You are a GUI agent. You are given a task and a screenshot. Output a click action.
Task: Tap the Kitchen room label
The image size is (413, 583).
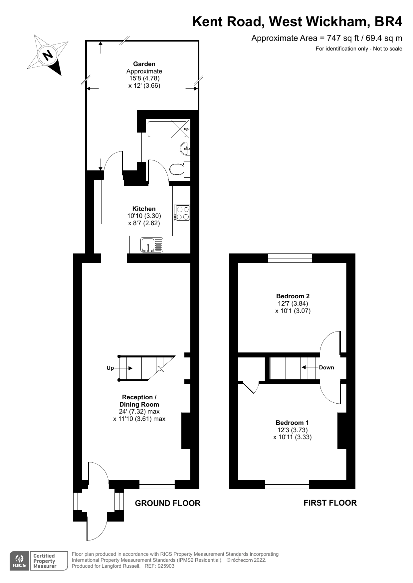[x=144, y=209]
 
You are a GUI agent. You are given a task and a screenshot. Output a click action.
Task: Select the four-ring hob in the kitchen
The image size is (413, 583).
[x=182, y=213]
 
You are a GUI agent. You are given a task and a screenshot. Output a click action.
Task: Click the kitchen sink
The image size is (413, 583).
[x=152, y=245]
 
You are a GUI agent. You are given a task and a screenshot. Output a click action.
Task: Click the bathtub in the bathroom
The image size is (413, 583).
[x=168, y=129]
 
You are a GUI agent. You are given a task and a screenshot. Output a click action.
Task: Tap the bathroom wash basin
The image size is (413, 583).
[x=185, y=148]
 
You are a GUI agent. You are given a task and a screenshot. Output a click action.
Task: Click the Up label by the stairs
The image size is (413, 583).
[x=110, y=368]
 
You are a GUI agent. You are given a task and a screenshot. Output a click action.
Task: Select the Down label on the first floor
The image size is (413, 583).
[x=326, y=367]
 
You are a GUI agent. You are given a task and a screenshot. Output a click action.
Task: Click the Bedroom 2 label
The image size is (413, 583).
[x=293, y=296]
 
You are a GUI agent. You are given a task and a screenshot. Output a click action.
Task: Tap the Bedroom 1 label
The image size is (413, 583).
[x=292, y=423]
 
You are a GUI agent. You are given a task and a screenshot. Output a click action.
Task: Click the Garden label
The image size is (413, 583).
[x=144, y=64]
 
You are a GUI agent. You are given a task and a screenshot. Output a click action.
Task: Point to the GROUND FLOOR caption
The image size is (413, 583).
[x=167, y=503]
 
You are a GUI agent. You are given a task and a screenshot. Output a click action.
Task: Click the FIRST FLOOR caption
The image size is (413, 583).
[x=330, y=503]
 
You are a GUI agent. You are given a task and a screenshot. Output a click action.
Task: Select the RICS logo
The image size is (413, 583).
[x=19, y=561]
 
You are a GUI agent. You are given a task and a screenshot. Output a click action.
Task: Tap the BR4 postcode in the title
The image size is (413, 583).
[x=388, y=22]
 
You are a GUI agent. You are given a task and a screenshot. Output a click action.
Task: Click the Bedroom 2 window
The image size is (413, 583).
[x=290, y=258]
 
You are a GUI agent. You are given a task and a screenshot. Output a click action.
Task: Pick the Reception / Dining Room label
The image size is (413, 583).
[x=139, y=401]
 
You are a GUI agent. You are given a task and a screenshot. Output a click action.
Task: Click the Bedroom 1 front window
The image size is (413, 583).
[x=287, y=484]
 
